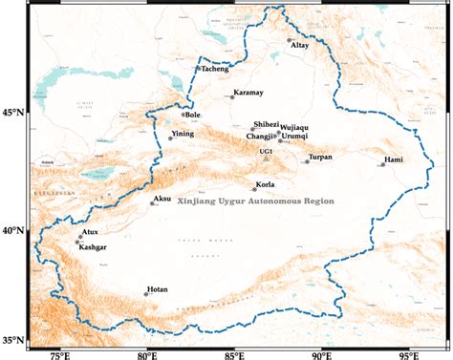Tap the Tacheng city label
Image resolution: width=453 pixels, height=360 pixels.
click(x=214, y=69)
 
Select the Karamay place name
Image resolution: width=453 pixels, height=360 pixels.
click(x=248, y=95)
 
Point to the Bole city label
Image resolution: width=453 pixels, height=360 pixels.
click(x=193, y=116)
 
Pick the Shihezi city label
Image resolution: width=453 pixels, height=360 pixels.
click(x=266, y=124)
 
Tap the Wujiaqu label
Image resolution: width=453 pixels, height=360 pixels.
click(x=294, y=127)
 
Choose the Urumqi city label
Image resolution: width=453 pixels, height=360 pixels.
click(x=297, y=137)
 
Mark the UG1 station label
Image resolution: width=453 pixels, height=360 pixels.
click(x=267, y=151)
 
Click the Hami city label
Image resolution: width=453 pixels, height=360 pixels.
click(x=394, y=159)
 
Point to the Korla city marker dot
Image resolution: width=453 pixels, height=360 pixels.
click(x=254, y=189)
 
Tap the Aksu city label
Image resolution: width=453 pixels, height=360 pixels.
click(x=162, y=200)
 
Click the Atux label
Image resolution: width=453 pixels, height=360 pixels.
click(x=90, y=232)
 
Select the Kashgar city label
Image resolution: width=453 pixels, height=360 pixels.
click(x=94, y=247)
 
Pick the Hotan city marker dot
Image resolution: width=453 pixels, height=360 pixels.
click(x=146, y=294)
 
